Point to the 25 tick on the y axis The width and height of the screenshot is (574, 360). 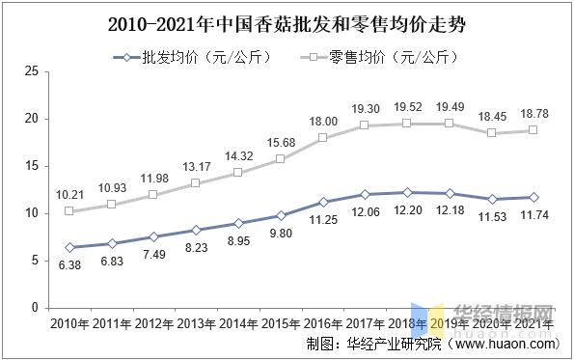coord(31,71)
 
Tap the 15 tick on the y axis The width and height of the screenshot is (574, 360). coord(31,166)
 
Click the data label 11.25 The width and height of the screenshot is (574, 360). coord(323,219)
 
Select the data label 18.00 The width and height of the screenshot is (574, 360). coord(323,121)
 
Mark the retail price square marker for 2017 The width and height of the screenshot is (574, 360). coord(365,125)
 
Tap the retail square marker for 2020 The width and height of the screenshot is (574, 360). coord(491,133)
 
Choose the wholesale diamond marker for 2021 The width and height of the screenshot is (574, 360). coord(533,197)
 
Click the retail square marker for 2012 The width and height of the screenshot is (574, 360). coord(153,195)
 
